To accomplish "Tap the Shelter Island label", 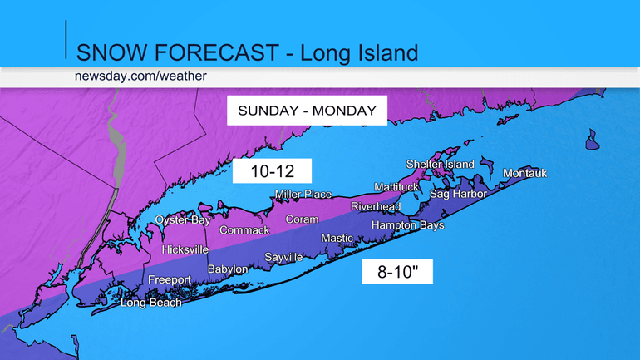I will [x=440, y=164].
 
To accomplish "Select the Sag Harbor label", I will [x=458, y=193].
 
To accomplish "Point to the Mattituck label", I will [x=400, y=186].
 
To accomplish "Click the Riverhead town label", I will [x=376, y=206].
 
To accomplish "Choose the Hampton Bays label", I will [x=407, y=225].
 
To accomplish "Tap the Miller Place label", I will [x=303, y=195].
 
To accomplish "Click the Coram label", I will [x=302, y=219].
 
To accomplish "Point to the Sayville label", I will [x=283, y=257].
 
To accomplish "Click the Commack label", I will [x=244, y=229].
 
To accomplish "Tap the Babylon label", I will [x=227, y=269].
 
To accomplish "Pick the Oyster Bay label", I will [x=183, y=219].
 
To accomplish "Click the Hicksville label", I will [x=185, y=249].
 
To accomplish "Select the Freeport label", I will [x=170, y=280].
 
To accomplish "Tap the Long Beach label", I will [x=150, y=302].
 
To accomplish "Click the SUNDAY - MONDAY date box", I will [x=308, y=110].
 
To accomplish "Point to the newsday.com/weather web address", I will [x=140, y=76].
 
